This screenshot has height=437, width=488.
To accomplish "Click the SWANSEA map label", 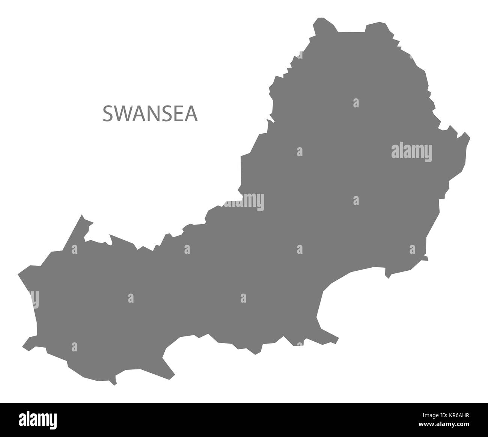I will (x=150, y=114).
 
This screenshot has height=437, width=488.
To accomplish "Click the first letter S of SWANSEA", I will (x=107, y=114).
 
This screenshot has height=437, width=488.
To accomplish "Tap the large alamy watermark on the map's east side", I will (x=412, y=152).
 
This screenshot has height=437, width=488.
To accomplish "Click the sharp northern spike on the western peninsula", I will (x=82, y=215).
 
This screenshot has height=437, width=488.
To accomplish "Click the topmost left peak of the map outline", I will (x=319, y=18).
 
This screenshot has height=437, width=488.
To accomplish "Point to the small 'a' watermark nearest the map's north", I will (x=356, y=102).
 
